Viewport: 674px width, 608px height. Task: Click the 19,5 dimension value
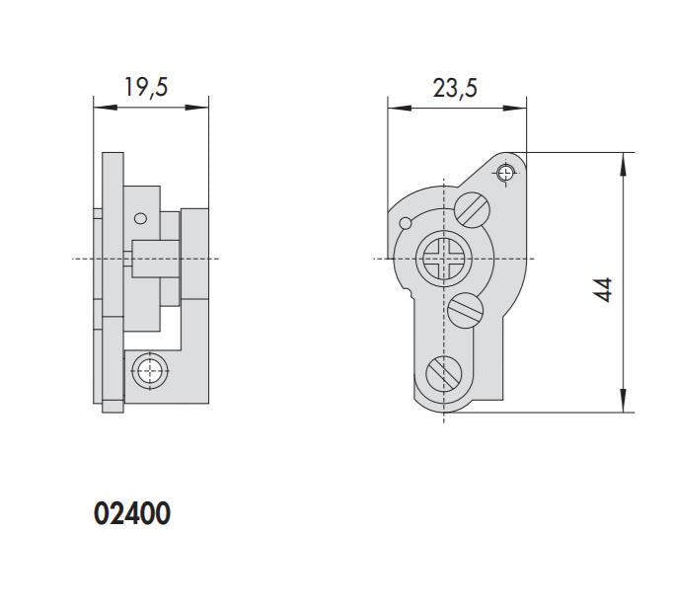pos(146,87)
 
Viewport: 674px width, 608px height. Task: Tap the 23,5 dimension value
pos(455,88)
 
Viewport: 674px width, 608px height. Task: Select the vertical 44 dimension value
pos(604,289)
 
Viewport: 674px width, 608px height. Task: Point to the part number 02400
pos(131,514)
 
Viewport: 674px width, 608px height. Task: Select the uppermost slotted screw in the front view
pos(473,210)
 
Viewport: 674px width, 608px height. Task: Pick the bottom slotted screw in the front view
pos(444,372)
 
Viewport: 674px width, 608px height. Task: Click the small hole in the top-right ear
pos(506,174)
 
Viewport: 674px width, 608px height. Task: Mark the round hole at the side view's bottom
pos(148,371)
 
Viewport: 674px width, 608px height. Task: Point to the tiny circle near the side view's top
pos(141,218)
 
